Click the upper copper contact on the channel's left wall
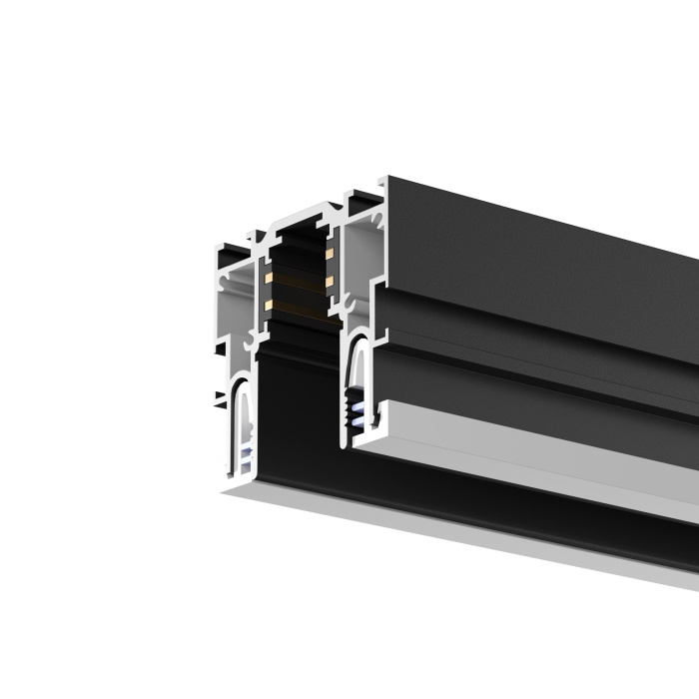(269, 271)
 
